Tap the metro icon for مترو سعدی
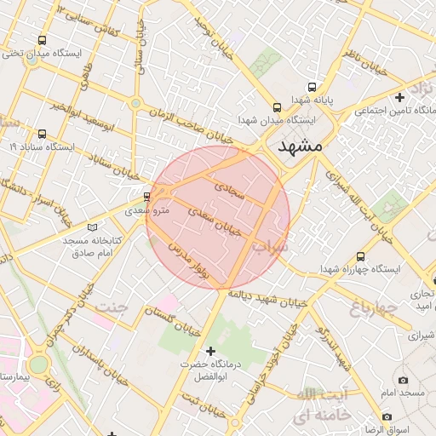point(148,196)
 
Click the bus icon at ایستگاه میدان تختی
point(43,40)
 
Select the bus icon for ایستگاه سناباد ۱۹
point(43,134)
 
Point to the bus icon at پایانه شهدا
point(312,87)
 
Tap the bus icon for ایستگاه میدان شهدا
point(277,107)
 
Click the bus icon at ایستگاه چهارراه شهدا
point(361,255)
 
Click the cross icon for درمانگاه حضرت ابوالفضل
point(210,351)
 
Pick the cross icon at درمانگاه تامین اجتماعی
point(400,98)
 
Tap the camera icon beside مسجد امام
point(403,380)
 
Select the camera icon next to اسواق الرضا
point(387,417)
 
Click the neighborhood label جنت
point(113,307)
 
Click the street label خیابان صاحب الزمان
point(197,124)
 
